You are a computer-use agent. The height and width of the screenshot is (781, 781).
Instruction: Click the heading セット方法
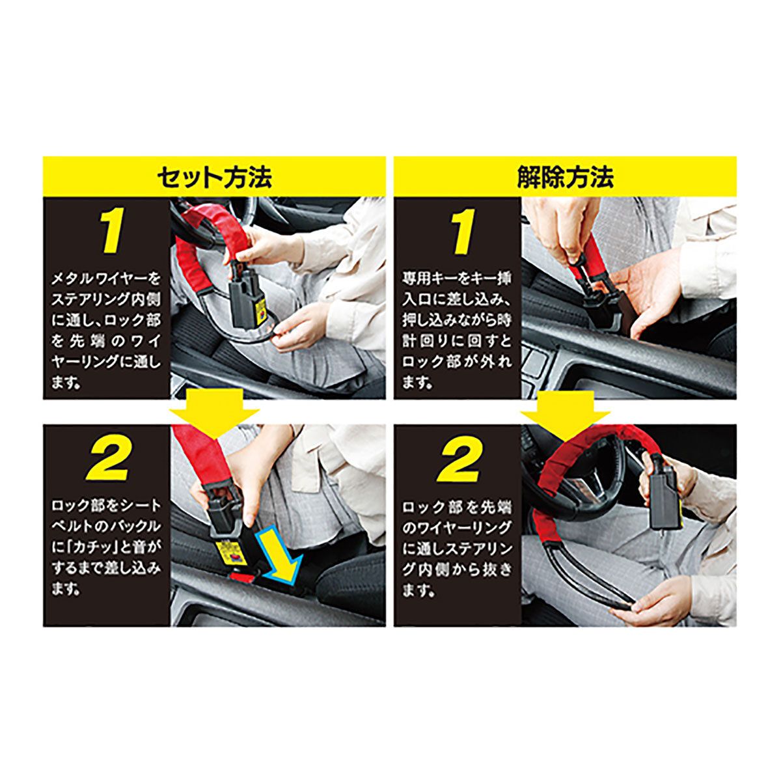coord(214,177)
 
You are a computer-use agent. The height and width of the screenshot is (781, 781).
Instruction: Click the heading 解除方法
coord(565,177)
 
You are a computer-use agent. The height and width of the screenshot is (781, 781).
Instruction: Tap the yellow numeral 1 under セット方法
coord(111,232)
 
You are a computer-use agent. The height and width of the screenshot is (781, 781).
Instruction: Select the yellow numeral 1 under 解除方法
coord(463,232)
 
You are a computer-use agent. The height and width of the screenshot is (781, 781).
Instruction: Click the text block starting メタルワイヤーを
coord(106,331)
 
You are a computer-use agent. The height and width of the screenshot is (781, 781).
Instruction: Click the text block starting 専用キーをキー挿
coord(457,331)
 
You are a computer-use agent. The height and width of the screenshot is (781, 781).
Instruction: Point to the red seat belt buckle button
coord(241,577)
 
